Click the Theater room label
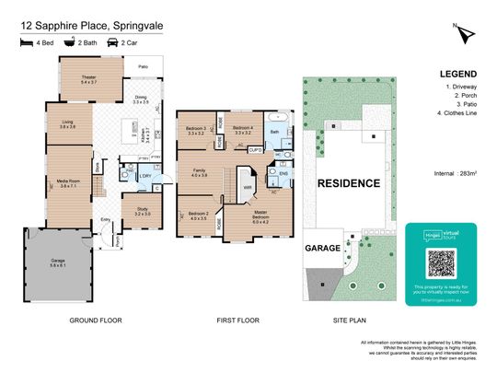coord(89,80)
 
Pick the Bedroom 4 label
coord(243,129)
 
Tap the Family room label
coord(200,173)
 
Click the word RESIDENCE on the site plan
coord(349,183)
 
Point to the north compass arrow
coord(469,33)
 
